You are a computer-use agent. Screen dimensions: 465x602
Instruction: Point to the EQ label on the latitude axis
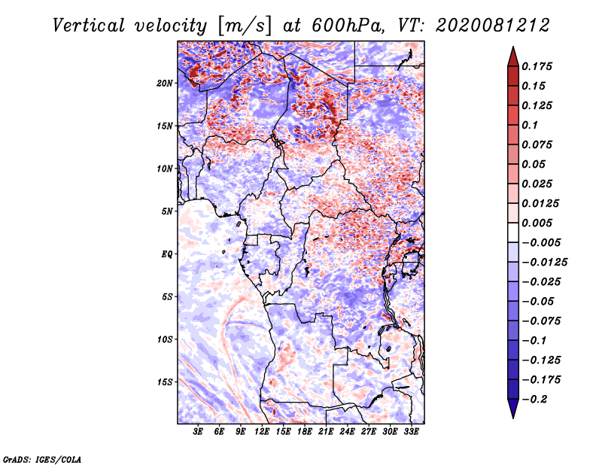(x=167, y=254)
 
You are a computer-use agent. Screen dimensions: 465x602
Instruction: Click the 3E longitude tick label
(x=199, y=432)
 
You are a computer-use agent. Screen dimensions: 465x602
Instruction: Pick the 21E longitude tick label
(x=326, y=432)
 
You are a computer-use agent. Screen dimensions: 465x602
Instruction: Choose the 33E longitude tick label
(x=411, y=432)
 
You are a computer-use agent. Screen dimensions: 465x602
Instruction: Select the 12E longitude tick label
(x=262, y=432)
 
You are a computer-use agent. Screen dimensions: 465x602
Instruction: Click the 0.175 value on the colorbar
(x=540, y=66)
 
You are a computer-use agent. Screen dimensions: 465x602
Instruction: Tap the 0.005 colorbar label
(x=540, y=223)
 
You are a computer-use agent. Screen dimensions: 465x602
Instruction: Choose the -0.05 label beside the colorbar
(x=540, y=301)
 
